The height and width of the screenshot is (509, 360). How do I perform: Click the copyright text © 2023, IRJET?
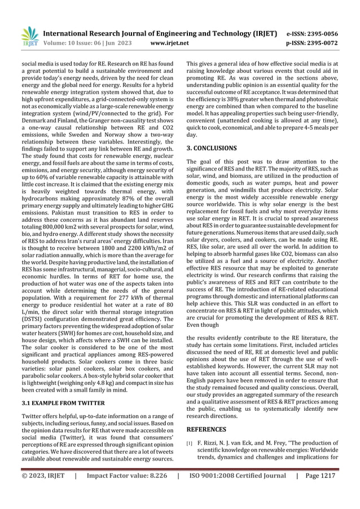coord(40,492)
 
